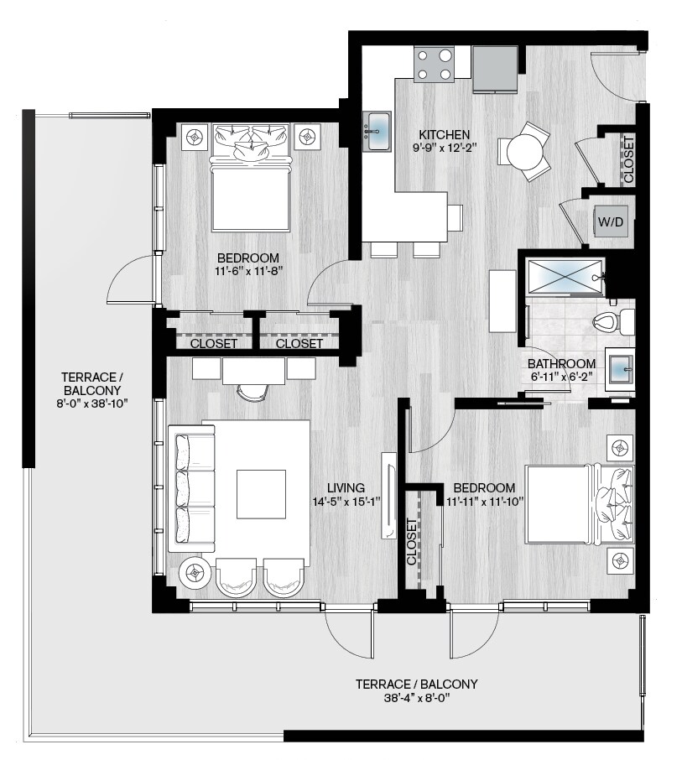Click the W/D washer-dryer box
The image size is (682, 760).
[x=611, y=222]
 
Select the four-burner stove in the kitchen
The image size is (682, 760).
[x=435, y=64]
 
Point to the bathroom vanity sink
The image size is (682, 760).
[x=620, y=369]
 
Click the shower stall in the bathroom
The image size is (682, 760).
[x=565, y=278]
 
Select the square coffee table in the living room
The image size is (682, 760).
[x=261, y=494]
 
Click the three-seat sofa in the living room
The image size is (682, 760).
[x=191, y=488]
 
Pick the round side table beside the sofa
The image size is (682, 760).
[x=195, y=573]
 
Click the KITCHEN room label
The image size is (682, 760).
[x=444, y=135]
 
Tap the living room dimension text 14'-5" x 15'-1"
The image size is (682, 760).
[x=346, y=502]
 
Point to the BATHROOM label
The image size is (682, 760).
[x=562, y=363]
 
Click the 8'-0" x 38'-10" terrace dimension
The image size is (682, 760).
[x=91, y=403]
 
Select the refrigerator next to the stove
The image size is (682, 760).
[x=495, y=70]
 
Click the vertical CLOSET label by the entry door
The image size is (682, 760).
[x=628, y=159]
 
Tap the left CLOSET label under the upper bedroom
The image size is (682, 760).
[x=213, y=344]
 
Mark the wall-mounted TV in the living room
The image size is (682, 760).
[x=388, y=496]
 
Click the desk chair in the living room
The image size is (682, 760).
[x=253, y=392]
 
